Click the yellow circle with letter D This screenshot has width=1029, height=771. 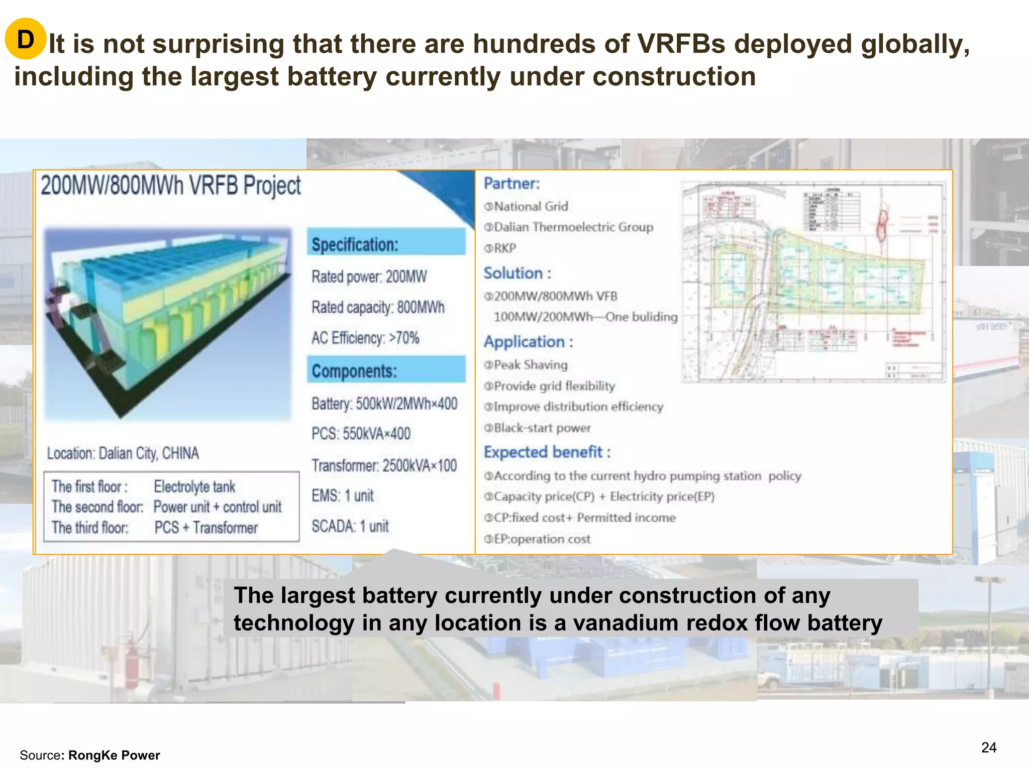click(25, 39)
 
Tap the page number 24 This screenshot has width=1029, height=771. click(988, 747)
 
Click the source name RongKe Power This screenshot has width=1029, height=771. click(114, 755)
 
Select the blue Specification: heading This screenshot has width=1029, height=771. click(355, 244)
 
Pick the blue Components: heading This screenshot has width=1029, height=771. click(354, 371)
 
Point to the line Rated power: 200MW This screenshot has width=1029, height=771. click(369, 277)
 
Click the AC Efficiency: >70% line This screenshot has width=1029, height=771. click(365, 338)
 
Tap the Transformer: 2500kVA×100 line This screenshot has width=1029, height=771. click(384, 465)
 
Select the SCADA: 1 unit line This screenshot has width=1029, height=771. click(350, 526)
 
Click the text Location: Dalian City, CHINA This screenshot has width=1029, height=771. click(123, 453)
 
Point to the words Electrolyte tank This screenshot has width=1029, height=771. click(194, 486)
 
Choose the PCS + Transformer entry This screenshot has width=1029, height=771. click(206, 528)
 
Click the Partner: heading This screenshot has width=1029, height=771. click(511, 184)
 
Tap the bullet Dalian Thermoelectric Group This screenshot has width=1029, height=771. click(573, 227)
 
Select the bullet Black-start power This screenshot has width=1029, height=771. click(542, 428)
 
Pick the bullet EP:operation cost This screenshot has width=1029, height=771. click(542, 539)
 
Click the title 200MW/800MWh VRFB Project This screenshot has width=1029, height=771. click(171, 186)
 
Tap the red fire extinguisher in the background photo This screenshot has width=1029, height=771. click(133, 658)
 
